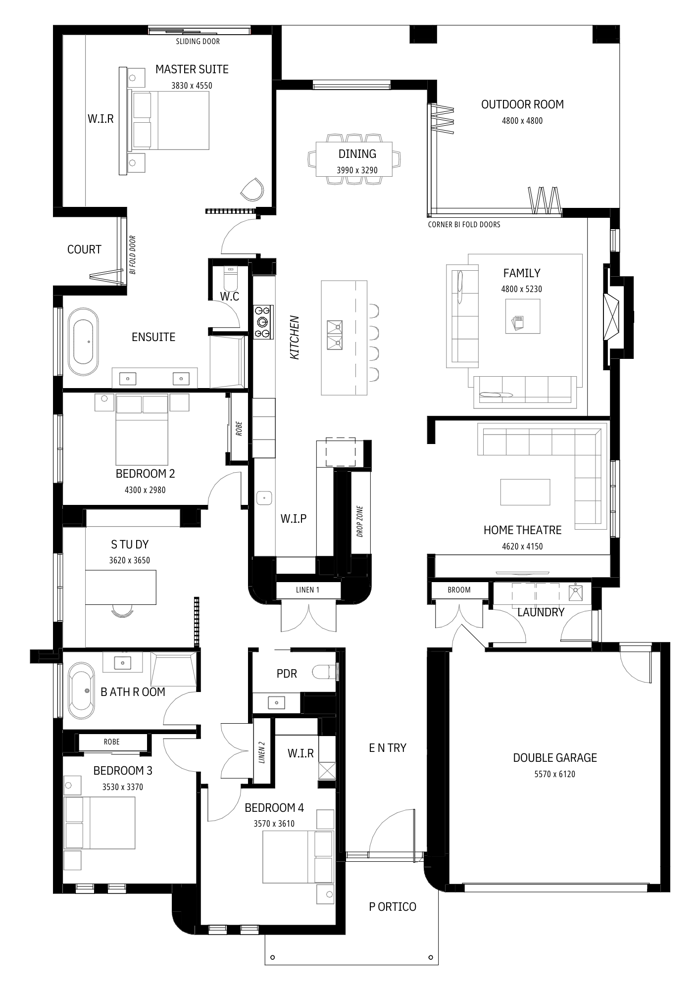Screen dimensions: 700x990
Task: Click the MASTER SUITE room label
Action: pyautogui.click(x=192, y=69)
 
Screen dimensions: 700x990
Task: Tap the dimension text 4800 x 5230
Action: pyautogui.click(x=522, y=289)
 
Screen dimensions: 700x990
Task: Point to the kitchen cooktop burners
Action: pyautogui.click(x=263, y=322)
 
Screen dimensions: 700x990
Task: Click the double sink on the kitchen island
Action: pyautogui.click(x=335, y=335)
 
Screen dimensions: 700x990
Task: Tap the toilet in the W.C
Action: pyautogui.click(x=231, y=279)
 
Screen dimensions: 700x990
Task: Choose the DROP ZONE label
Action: pyautogui.click(x=360, y=521)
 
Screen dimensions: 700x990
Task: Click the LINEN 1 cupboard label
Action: pyautogui.click(x=308, y=590)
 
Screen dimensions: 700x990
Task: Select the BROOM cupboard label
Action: pyautogui.click(x=459, y=590)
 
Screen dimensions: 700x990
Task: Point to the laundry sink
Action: pyautogui.click(x=576, y=592)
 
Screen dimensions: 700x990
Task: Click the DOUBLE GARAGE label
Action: pyautogui.click(x=555, y=758)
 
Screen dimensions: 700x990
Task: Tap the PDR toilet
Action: pyautogui.click(x=324, y=672)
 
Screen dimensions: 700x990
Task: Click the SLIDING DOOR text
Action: pyautogui.click(x=198, y=42)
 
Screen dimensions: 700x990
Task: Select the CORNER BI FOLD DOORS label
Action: pyautogui.click(x=464, y=225)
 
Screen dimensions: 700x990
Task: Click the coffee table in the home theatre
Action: pyautogui.click(x=525, y=492)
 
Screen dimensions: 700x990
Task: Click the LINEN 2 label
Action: pyautogui.click(x=262, y=752)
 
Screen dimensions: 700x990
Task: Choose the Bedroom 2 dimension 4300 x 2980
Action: pyautogui.click(x=145, y=490)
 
